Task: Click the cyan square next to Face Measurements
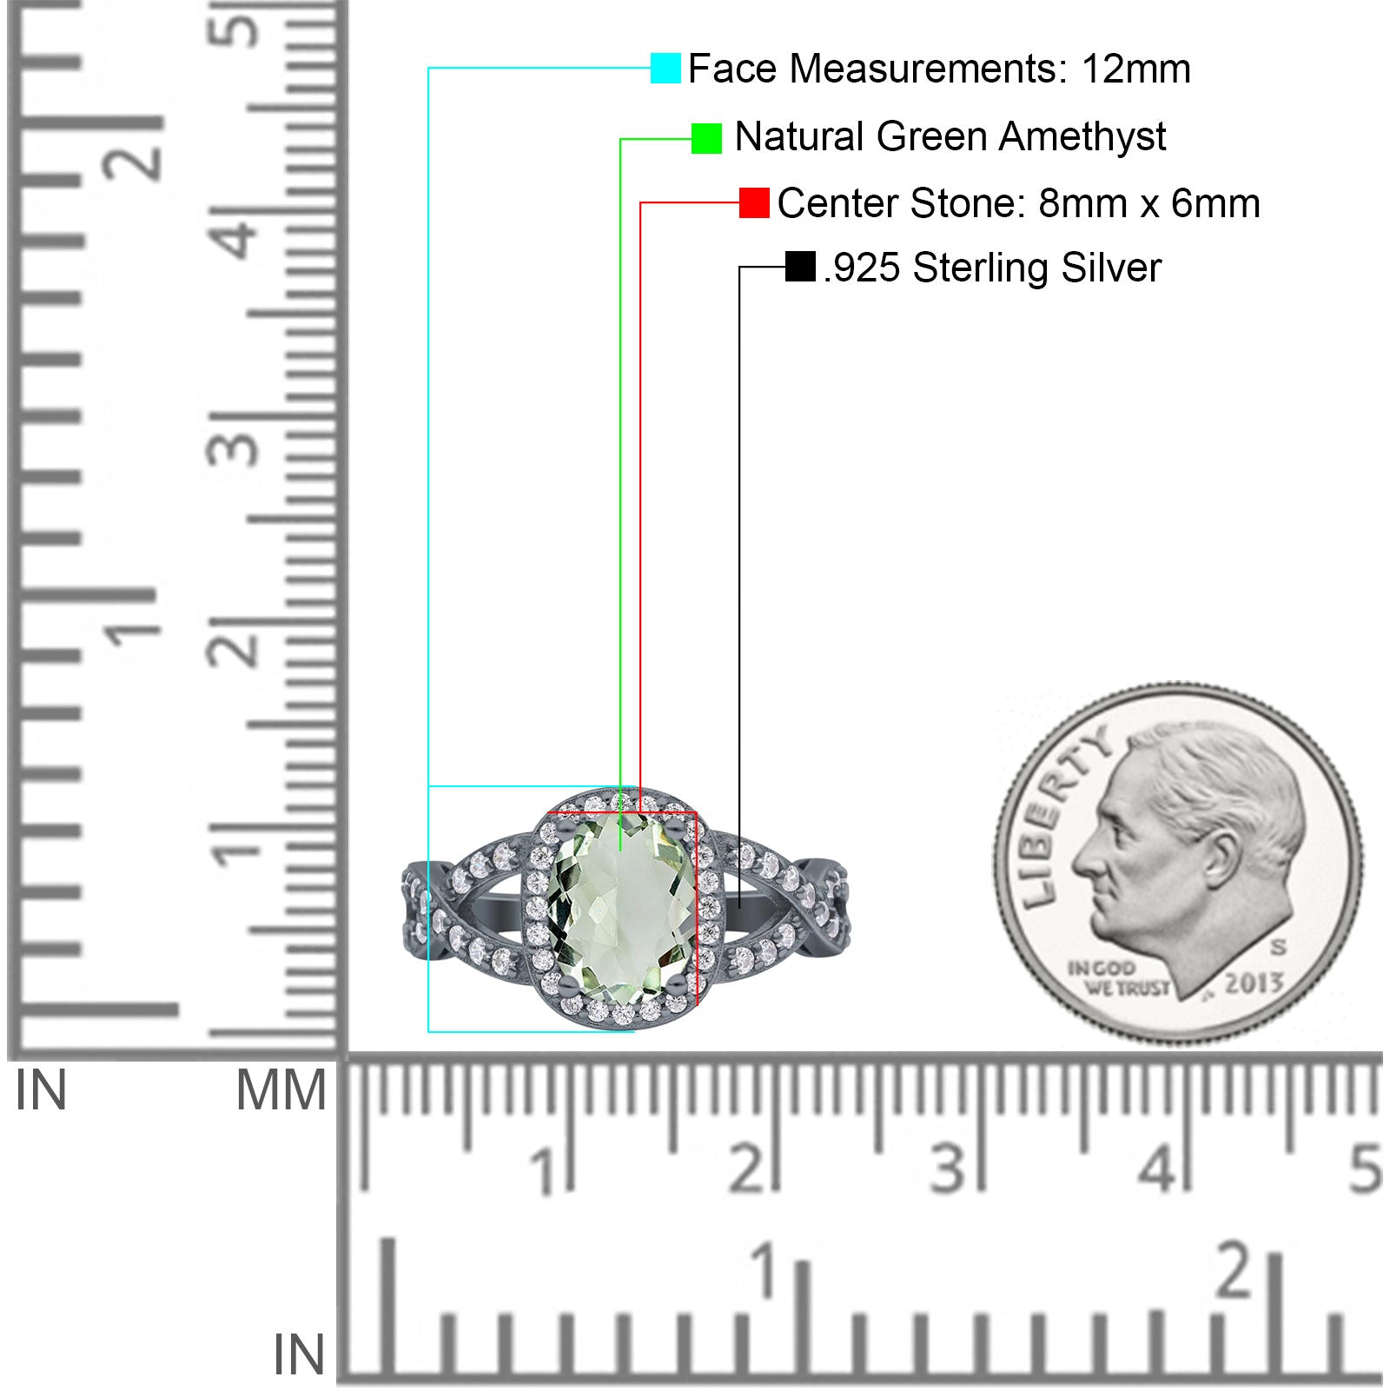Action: pyautogui.click(x=665, y=69)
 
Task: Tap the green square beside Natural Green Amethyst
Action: pyautogui.click(x=706, y=138)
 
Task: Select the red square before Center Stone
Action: pyautogui.click(x=754, y=202)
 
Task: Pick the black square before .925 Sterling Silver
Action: pyautogui.click(x=800, y=267)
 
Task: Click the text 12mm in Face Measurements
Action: pyautogui.click(x=1135, y=69)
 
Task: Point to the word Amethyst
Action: pyautogui.click(x=1082, y=137)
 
